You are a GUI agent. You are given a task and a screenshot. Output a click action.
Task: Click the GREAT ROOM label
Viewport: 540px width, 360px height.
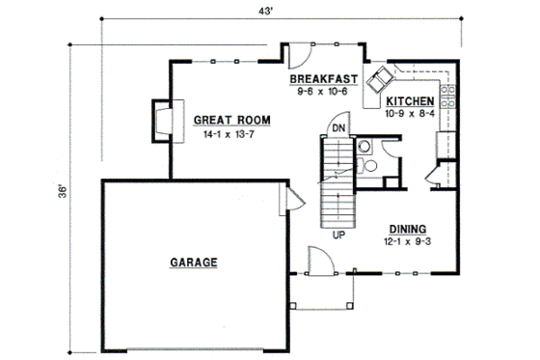click(230, 121)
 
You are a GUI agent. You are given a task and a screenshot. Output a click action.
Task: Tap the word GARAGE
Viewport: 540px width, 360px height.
click(193, 262)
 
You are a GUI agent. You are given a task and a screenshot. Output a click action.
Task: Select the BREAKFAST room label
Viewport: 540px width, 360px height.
click(324, 78)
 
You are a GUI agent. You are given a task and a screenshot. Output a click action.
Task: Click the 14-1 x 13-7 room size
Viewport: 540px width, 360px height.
click(230, 135)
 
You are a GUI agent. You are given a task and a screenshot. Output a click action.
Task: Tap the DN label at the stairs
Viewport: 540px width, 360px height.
click(338, 127)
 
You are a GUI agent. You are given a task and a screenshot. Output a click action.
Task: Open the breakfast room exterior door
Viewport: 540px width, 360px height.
click(295, 53)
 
